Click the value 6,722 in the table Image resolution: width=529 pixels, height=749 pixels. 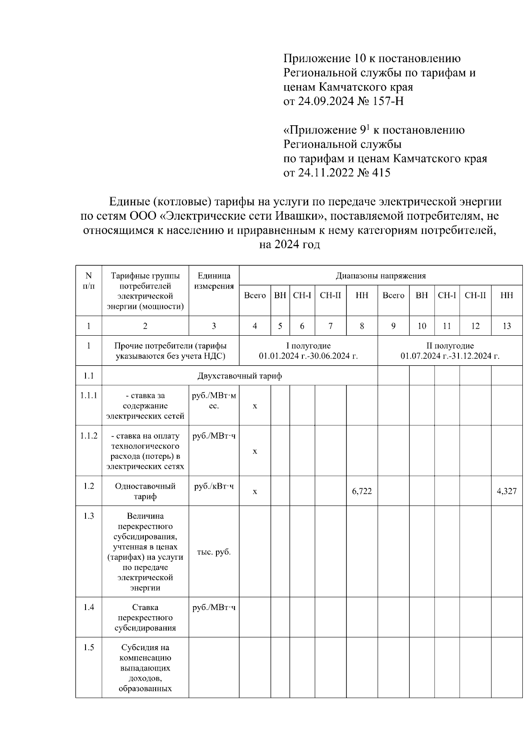pyautogui.click(x=361, y=491)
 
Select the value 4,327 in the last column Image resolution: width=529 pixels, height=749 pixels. pyautogui.click(x=506, y=491)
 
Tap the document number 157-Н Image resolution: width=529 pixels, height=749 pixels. pyautogui.click(x=388, y=101)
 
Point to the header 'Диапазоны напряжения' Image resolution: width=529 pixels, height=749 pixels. pyautogui.click(x=380, y=276)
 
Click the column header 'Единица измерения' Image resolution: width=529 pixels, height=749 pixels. pyautogui.click(x=214, y=281)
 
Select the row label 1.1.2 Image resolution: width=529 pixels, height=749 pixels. pyautogui.click(x=89, y=436)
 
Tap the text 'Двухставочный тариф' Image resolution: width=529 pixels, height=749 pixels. pyautogui.click(x=239, y=376)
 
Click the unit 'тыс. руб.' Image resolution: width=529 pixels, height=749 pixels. pyautogui.click(x=214, y=552)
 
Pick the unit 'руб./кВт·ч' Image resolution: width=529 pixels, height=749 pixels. pyautogui.click(x=214, y=486)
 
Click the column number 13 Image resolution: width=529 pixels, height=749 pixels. pyautogui.click(x=507, y=326)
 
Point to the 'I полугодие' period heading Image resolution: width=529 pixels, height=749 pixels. pyautogui.click(x=308, y=346)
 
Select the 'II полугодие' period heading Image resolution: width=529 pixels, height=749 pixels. pyautogui.click(x=450, y=346)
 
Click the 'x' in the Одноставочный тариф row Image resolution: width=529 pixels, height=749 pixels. pyautogui.click(x=255, y=491)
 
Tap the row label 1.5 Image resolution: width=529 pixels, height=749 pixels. pyautogui.click(x=89, y=648)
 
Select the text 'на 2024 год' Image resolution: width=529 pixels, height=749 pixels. pyautogui.click(x=289, y=244)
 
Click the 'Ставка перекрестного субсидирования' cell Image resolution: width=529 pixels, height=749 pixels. pyautogui.click(x=145, y=618)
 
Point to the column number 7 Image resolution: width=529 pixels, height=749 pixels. pyautogui.click(x=330, y=326)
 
